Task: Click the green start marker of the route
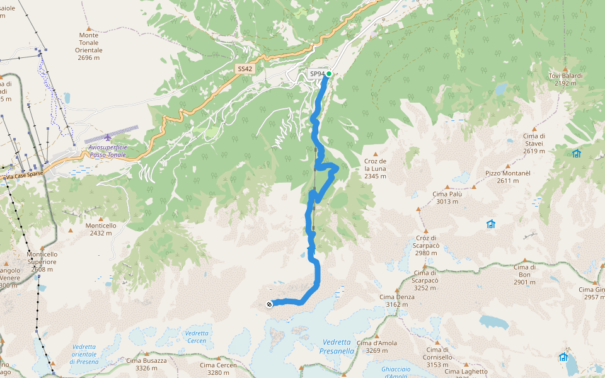click(329, 74)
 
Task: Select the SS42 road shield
click(245, 68)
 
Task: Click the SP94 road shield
click(317, 74)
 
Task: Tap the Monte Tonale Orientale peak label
click(89, 46)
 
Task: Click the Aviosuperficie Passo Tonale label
click(104, 151)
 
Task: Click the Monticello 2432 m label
click(101, 229)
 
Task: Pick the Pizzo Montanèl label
click(502, 177)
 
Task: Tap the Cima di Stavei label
click(534, 143)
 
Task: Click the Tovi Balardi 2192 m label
click(565, 79)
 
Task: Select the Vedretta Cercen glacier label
click(196, 337)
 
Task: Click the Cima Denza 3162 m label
click(397, 301)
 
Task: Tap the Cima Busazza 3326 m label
click(146, 364)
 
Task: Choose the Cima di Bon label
click(524, 275)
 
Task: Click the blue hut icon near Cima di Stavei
click(576, 153)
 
